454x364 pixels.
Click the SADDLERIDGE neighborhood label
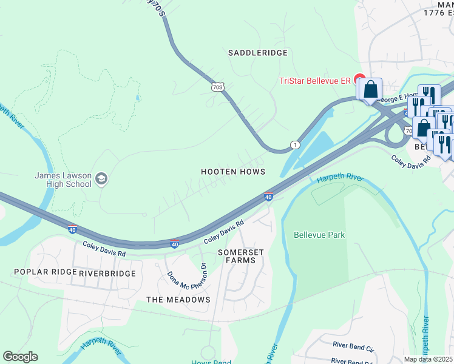[x=257, y=53]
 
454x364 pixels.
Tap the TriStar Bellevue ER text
[x=314, y=81]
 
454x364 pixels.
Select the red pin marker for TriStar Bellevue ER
[x=359, y=79]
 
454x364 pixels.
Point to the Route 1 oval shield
[x=295, y=144]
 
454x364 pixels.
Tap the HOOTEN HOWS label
[x=233, y=172]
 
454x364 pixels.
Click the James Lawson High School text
[x=63, y=180]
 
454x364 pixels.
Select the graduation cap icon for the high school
[x=101, y=178]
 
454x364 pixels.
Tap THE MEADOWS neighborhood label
[x=178, y=300]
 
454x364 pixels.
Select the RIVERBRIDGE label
[x=107, y=273]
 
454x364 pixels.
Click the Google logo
[x=20, y=357]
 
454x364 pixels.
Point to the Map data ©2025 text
[x=428, y=359]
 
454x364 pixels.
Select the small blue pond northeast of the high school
[x=138, y=97]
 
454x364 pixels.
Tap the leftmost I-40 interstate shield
[x=72, y=230]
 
